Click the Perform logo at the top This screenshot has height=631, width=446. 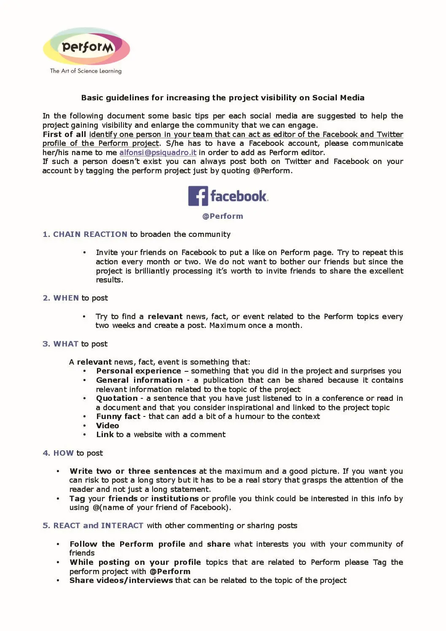pyautogui.click(x=86, y=47)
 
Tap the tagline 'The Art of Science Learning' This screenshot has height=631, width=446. pyautogui.click(x=86, y=71)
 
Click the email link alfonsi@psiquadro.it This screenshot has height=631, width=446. pyautogui.click(x=158, y=153)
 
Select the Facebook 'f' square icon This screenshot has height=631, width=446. pyautogui.click(x=198, y=196)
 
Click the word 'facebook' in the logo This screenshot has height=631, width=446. pyautogui.click(x=239, y=196)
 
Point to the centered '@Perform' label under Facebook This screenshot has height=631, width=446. pyautogui.click(x=223, y=216)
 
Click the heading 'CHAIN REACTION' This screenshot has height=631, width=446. pyautogui.click(x=90, y=234)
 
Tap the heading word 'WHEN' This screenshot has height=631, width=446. pyautogui.click(x=66, y=298)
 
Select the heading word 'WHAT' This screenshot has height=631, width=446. pyautogui.click(x=66, y=344)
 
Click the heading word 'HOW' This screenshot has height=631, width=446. pyautogui.click(x=63, y=453)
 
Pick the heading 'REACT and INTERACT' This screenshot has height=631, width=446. pyautogui.click(x=98, y=526)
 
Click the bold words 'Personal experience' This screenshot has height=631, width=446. pyautogui.click(x=138, y=371)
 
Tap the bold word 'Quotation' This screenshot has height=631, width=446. pyautogui.click(x=117, y=398)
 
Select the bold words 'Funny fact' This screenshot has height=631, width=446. pyautogui.click(x=118, y=416)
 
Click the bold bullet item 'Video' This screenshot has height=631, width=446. pyautogui.click(x=107, y=426)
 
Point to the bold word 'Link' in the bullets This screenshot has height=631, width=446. pyautogui.click(x=105, y=435)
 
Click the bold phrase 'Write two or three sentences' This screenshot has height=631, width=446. pyautogui.click(x=133, y=471)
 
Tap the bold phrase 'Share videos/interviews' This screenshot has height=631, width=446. pyautogui.click(x=121, y=580)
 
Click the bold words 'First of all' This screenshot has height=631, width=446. pyautogui.click(x=64, y=134)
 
